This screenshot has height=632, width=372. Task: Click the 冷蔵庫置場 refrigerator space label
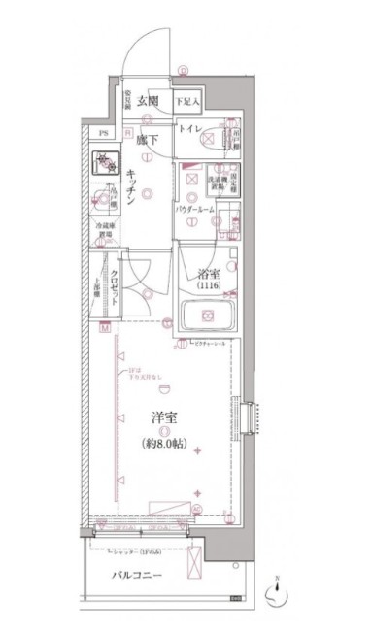(104, 231)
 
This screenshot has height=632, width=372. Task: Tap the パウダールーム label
(195, 209)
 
